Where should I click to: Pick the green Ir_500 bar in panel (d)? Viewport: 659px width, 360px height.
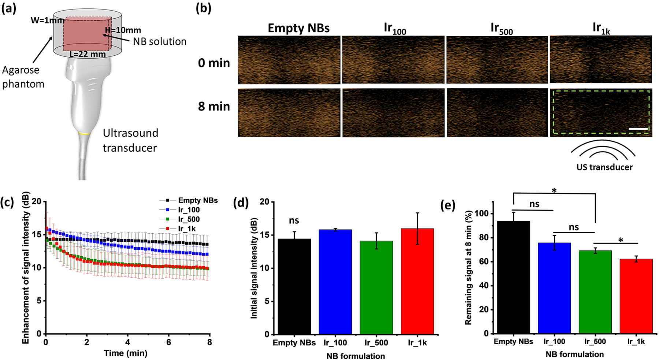[376, 287]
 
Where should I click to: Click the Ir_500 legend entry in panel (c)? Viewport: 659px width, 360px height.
[189, 219]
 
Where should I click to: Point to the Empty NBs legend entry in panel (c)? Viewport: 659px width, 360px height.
[198, 200]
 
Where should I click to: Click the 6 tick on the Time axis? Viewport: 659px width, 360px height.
[168, 342]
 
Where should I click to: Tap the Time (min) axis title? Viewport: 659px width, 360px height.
[126, 353]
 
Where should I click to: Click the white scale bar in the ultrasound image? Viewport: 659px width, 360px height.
[638, 129]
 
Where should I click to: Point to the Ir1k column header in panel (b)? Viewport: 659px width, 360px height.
[601, 28]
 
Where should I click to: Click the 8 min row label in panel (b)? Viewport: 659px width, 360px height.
[214, 107]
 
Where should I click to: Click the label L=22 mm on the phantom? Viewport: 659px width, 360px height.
[88, 55]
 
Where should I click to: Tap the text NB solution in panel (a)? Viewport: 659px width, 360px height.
[160, 41]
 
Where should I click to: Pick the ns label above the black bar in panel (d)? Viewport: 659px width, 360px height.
[294, 220]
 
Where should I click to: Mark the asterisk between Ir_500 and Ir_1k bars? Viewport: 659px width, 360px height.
[621, 240]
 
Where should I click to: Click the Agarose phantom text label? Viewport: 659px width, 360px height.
[23, 77]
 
